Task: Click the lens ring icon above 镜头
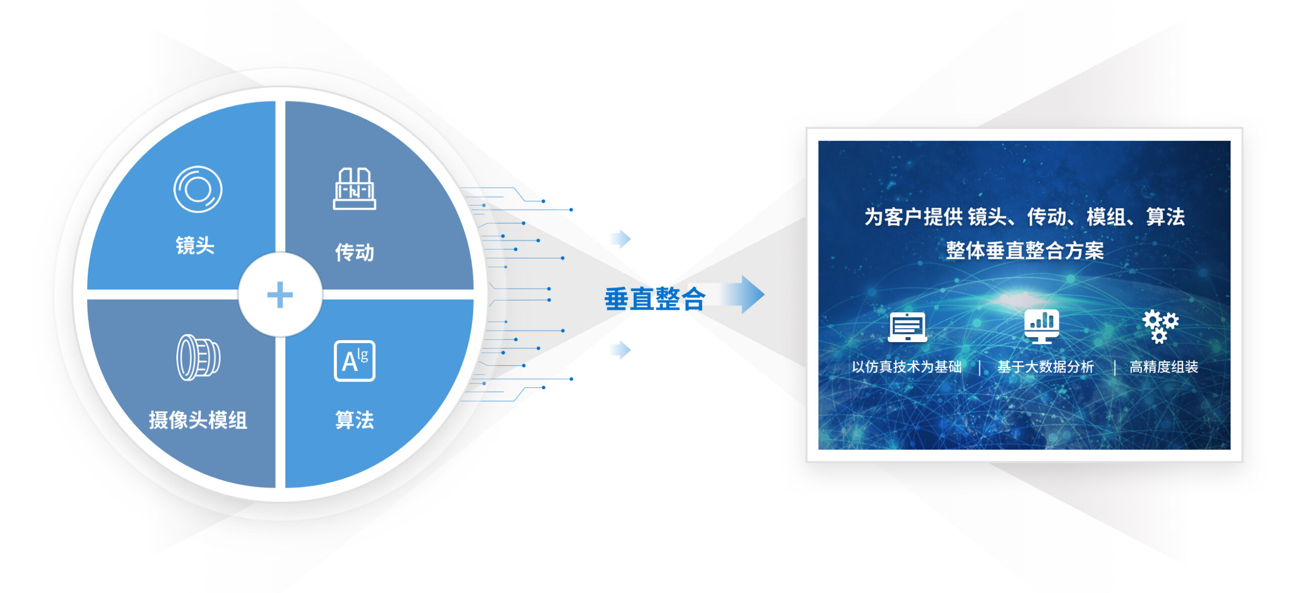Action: [198, 190]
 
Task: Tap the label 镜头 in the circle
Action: [195, 245]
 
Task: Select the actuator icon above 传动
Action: [354, 189]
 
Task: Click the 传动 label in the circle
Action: [354, 252]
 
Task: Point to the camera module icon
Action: [198, 357]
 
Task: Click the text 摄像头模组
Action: [198, 420]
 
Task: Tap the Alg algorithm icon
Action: [354, 360]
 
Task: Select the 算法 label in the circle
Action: [354, 420]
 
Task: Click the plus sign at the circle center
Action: [280, 294]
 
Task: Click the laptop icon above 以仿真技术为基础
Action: [907, 327]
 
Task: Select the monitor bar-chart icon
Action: [1041, 326]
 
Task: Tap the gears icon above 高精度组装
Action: [1160, 326]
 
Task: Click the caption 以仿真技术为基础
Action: [906, 366]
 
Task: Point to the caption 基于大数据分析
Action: [1045, 366]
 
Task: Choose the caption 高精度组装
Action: [1164, 366]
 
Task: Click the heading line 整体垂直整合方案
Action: [1024, 250]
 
